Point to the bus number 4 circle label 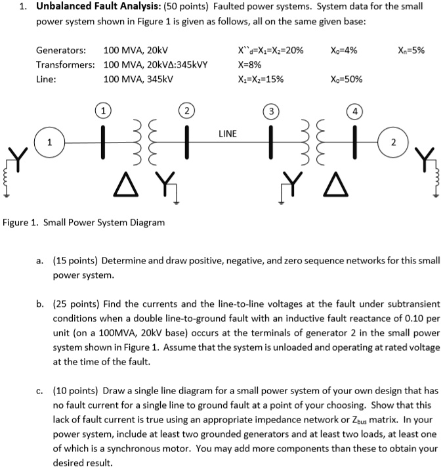pos(354,110)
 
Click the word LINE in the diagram pos(228,134)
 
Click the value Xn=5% pos(411,50)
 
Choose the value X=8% pos(250,65)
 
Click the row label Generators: pos(61,51)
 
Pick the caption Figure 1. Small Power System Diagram pos(84,222)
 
